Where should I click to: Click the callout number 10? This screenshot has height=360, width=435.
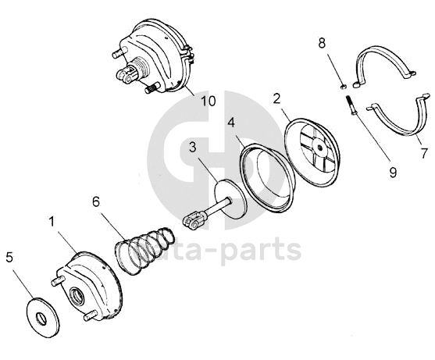pos(209,102)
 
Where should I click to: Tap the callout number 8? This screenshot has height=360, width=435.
pos(322,43)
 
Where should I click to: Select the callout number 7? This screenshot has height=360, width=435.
pos(423,153)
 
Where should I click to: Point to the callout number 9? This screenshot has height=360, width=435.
pos(393,173)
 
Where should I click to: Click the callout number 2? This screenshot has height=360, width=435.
pos(276,98)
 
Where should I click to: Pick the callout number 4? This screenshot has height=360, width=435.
pos(231,123)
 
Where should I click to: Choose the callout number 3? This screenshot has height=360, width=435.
pos(193,148)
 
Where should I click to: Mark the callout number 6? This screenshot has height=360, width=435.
pos(96,202)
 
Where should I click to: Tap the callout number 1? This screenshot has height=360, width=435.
pos(52,222)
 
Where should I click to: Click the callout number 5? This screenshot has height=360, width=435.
pos(9,257)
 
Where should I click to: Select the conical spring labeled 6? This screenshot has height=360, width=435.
pos(144,251)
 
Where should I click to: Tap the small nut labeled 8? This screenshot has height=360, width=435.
pos(343,87)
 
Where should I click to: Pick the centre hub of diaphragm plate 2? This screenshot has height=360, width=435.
pos(319,147)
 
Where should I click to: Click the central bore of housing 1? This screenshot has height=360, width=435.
pos(77,294)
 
